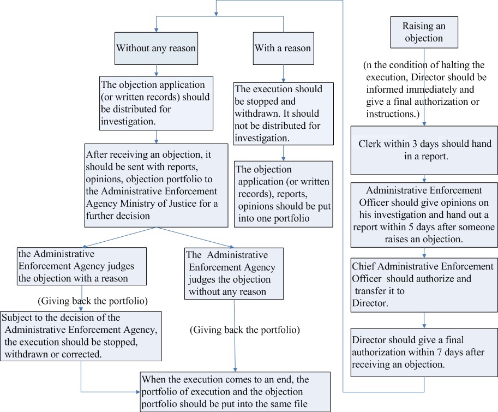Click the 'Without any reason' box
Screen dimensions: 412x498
click(155, 48)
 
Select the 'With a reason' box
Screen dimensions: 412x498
click(283, 48)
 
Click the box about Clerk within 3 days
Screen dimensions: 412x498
click(423, 150)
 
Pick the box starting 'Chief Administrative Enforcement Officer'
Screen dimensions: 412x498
click(423, 283)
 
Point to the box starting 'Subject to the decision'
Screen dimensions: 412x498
click(81, 336)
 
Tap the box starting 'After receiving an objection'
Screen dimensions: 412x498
click(156, 184)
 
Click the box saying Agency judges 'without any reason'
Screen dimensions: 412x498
click(234, 273)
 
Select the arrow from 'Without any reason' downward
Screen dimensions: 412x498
click(157, 70)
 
